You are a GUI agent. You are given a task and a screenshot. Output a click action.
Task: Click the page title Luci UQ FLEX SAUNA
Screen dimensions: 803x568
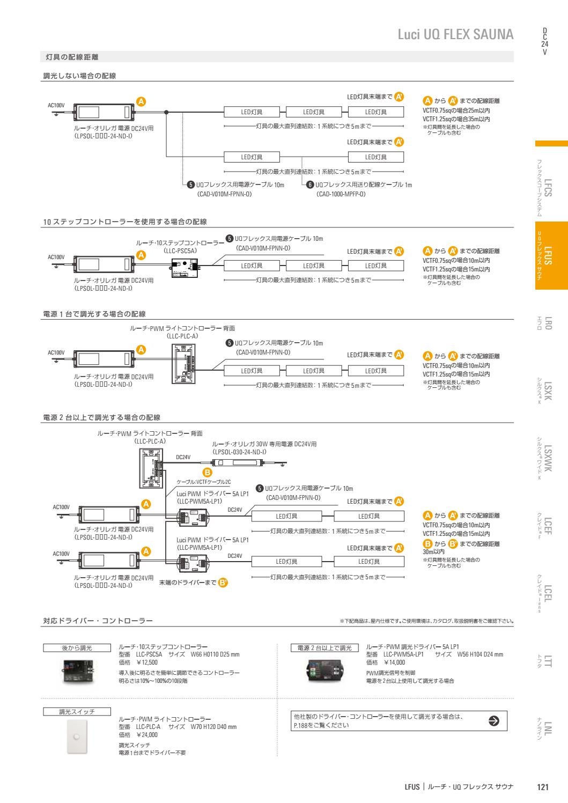click(x=455, y=35)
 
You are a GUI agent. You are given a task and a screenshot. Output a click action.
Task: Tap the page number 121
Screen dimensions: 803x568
click(x=542, y=787)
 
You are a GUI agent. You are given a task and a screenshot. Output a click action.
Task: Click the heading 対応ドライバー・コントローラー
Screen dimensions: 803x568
click(x=98, y=621)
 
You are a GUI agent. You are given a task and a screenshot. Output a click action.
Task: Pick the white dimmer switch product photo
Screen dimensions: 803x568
click(x=77, y=736)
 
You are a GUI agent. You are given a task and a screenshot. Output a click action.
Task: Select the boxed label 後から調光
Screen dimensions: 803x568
click(x=77, y=648)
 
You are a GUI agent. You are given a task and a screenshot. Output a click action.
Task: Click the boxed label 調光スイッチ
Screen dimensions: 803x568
click(x=77, y=711)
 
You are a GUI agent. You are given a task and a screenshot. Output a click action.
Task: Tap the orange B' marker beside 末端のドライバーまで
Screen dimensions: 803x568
click(x=223, y=584)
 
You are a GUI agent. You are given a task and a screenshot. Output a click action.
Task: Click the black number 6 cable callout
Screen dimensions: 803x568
click(x=309, y=185)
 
